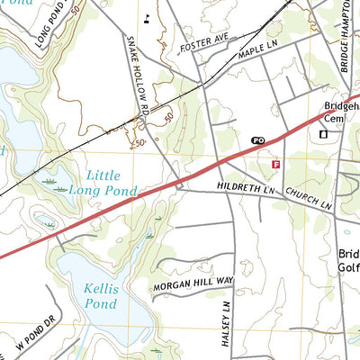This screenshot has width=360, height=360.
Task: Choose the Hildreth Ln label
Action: [244, 188]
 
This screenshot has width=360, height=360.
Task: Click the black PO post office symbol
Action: [258, 141]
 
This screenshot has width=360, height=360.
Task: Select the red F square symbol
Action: [276, 165]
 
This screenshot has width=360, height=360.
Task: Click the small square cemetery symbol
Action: [323, 134]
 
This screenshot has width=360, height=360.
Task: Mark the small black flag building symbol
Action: [147, 17]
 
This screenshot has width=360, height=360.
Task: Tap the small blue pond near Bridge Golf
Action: [347, 231]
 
